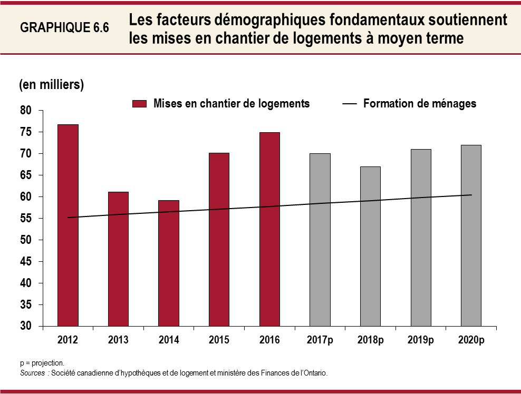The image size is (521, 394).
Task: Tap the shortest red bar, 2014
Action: click(x=169, y=263)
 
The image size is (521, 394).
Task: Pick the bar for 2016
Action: click(x=269, y=229)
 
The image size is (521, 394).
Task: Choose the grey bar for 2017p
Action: click(x=320, y=240)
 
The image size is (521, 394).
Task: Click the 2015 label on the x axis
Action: click(x=219, y=340)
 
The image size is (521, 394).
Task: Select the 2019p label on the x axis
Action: click(x=420, y=340)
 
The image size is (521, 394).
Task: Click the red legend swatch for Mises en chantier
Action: click(x=140, y=104)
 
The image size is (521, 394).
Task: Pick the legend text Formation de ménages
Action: click(x=419, y=104)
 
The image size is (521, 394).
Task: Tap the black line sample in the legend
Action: click(x=350, y=104)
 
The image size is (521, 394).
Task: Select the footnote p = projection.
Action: click(x=42, y=363)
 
